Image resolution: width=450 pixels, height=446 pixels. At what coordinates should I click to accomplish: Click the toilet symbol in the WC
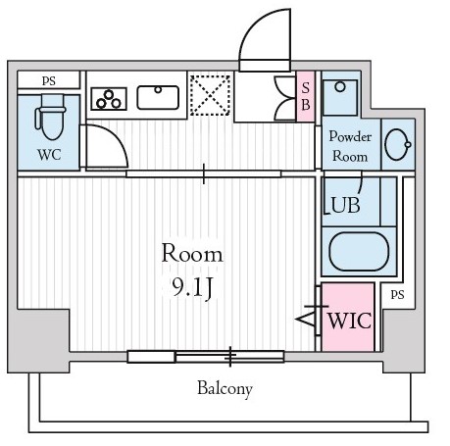point(51,117)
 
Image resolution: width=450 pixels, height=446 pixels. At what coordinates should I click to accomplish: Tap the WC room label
point(49,155)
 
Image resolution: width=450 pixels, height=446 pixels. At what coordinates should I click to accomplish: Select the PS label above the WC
point(49,80)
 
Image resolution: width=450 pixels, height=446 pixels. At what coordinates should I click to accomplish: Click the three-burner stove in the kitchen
point(109,99)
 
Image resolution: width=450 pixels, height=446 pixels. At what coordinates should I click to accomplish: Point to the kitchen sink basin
point(158,97)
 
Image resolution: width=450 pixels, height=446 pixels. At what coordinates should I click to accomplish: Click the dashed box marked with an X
point(210,95)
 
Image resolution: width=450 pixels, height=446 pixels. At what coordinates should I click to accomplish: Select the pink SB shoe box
point(306,96)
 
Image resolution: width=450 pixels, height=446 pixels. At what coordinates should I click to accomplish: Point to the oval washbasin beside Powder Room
point(398,144)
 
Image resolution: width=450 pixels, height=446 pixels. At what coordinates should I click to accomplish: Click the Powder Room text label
point(350,146)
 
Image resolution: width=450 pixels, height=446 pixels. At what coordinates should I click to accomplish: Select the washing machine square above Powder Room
point(340,98)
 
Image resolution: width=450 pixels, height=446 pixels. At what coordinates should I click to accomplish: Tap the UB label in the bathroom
point(345,205)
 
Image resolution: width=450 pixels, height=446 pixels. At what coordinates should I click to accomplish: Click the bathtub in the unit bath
point(359,251)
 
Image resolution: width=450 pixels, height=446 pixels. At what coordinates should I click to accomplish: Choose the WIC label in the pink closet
point(350,321)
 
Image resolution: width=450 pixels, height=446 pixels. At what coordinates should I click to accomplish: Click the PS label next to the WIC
point(397,295)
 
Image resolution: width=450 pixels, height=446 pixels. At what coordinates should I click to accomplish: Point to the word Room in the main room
point(192,253)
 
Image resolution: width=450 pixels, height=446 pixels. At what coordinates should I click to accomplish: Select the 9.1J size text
point(192,288)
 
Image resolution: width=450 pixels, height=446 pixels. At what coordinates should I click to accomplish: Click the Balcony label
point(225,388)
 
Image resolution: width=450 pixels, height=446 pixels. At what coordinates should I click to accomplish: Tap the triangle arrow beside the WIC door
point(305,319)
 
